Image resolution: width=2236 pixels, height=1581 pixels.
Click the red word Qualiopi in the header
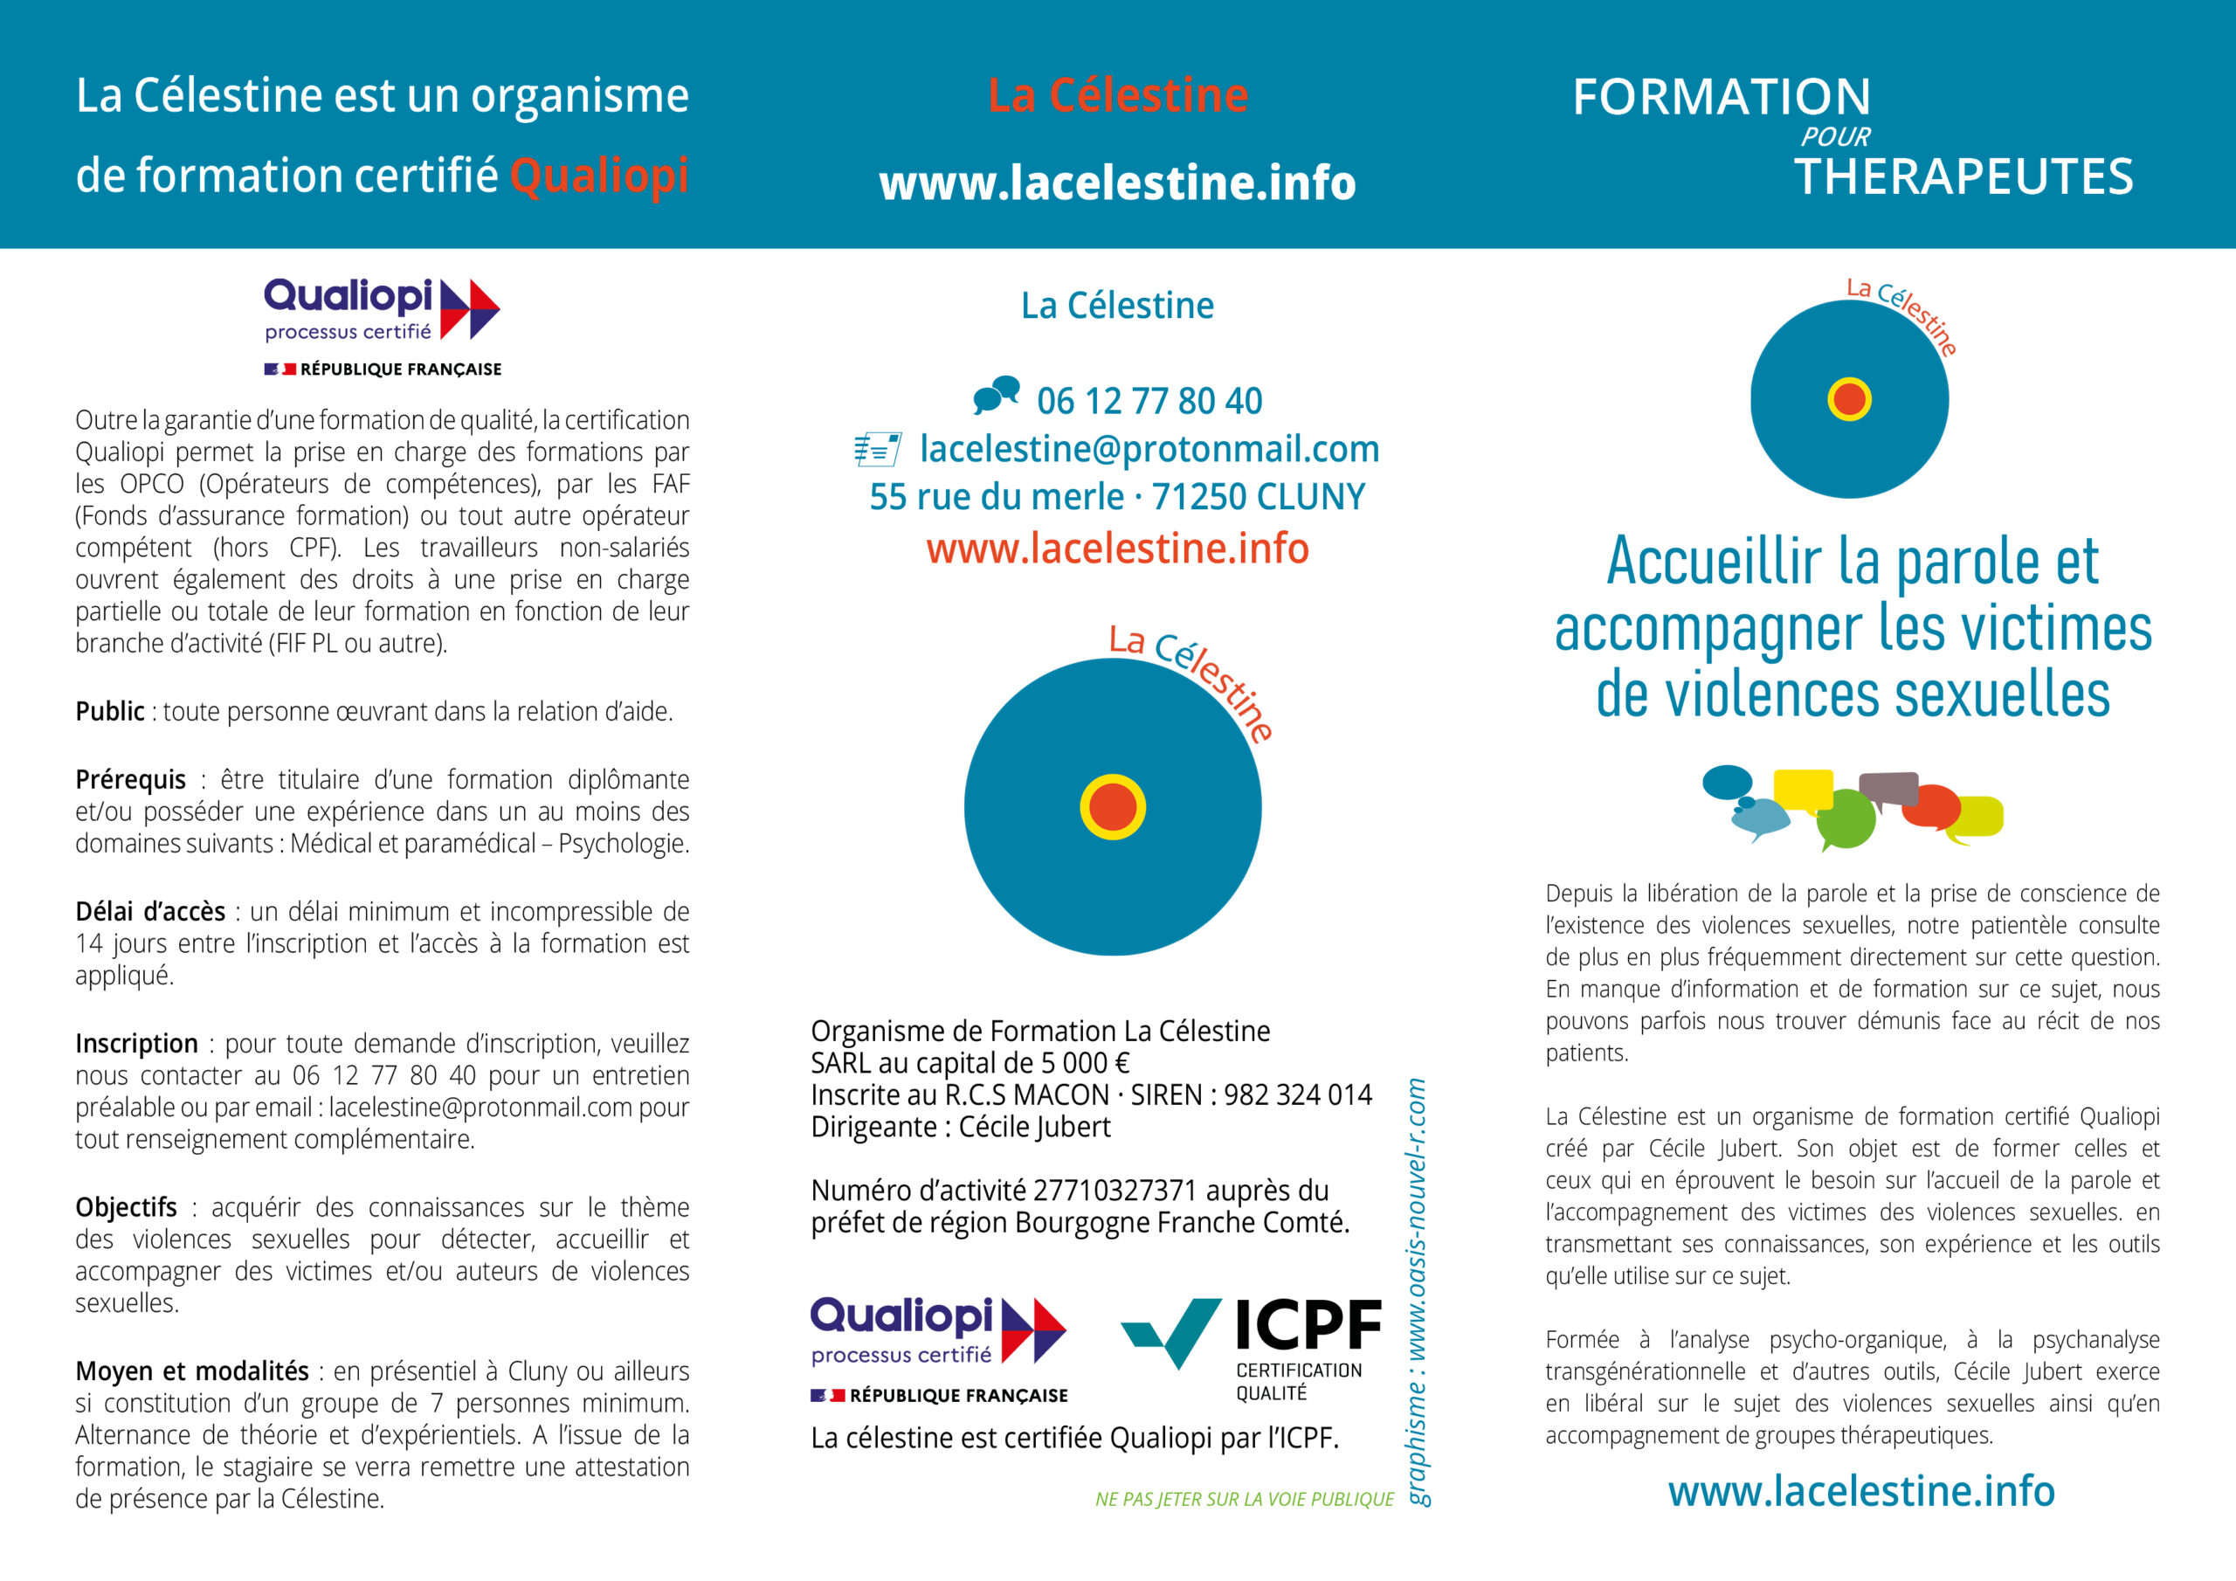coord(599,176)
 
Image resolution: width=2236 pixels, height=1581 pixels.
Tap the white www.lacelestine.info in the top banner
coord(1117,183)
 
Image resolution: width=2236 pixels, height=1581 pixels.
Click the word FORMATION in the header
coord(1721,98)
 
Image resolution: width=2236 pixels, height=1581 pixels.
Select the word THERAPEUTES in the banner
coord(1963,177)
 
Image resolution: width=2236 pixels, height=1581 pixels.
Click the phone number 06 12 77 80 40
coord(1149,401)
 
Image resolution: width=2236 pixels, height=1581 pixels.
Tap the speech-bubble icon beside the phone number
coord(997,395)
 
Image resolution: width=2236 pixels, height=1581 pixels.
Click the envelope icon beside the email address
coord(876,449)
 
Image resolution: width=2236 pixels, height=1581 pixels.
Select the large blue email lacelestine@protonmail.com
coord(1149,449)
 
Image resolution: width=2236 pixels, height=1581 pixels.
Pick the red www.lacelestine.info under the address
coord(1117,549)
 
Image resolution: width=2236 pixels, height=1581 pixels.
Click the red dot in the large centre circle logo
coord(1112,806)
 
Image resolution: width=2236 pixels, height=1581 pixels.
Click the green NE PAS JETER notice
coord(1244,1499)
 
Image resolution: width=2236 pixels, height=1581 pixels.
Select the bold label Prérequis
coord(130,779)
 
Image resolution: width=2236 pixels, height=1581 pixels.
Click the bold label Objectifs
coord(127,1207)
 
